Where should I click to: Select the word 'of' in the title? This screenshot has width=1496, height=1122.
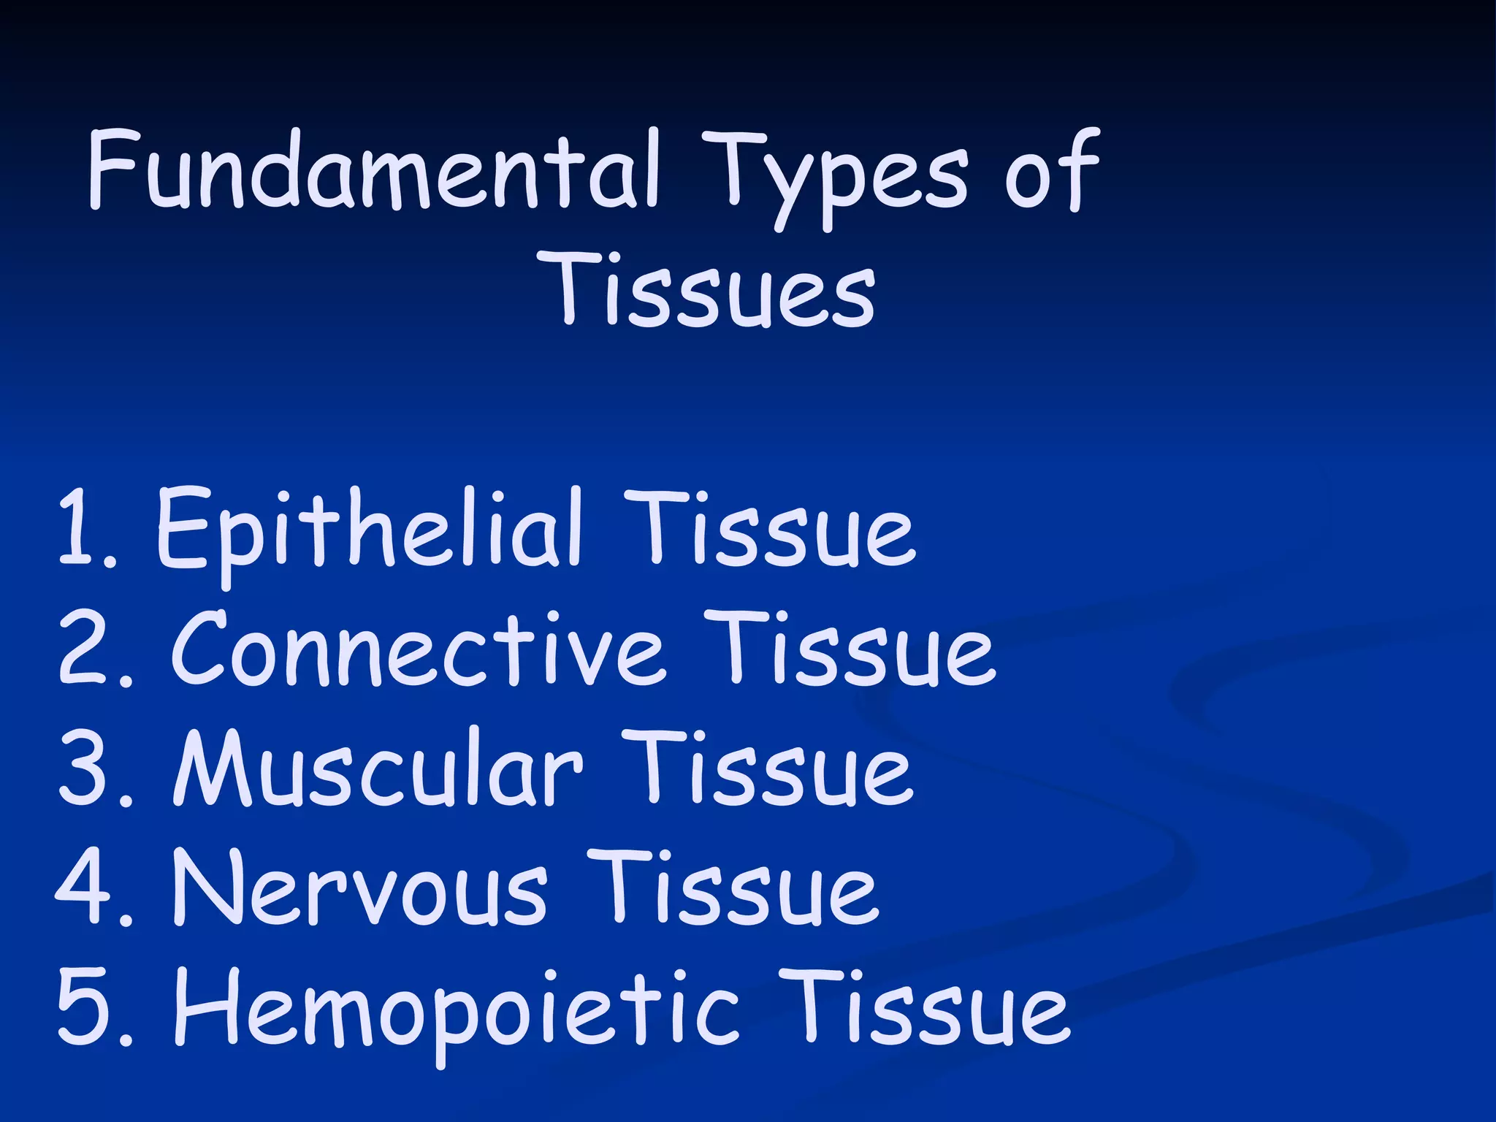[x=1052, y=172]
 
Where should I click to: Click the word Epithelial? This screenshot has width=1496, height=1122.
[x=370, y=529]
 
